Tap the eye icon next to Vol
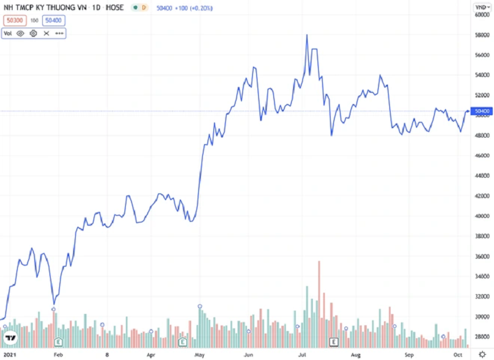[20, 32]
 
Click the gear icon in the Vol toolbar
[33, 32]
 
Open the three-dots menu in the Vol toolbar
[59, 32]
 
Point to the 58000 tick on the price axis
[482, 34]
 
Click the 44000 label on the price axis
[482, 176]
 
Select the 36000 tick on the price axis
[482, 257]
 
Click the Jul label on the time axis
[302, 353]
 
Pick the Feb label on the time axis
[58, 353]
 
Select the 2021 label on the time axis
[10, 353]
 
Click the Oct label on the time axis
[460, 353]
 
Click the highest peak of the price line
[307, 35]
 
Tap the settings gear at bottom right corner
[482, 353]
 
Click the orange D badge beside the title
[144, 7]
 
